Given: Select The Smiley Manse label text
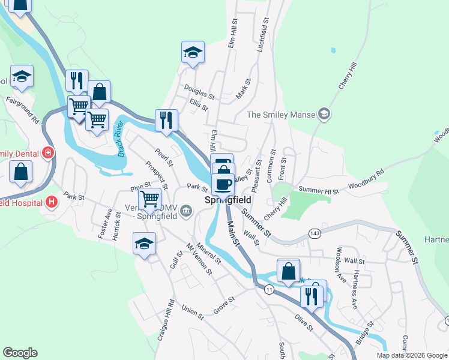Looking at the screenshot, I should (282, 115).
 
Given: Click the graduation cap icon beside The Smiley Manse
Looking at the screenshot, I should (324, 114).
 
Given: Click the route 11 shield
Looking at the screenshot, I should (269, 290).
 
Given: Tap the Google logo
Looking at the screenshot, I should (20, 353).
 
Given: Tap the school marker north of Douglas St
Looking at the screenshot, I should (193, 52).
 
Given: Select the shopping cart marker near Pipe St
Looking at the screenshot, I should (149, 198).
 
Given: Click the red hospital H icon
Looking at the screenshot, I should (52, 201).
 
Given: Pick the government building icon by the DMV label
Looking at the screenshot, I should (186, 211).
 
